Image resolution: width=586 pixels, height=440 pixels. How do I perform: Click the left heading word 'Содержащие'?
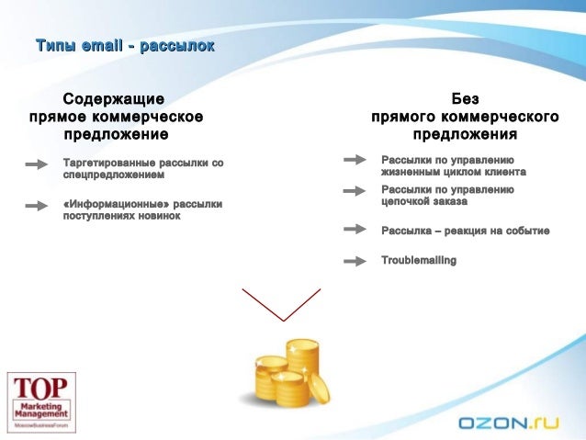tap(113, 97)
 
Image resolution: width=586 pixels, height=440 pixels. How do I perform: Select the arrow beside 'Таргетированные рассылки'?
tap(37, 165)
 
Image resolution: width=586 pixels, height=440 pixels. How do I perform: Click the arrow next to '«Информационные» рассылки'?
tap(37, 206)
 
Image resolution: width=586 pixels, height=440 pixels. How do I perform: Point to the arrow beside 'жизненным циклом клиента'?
tap(355, 160)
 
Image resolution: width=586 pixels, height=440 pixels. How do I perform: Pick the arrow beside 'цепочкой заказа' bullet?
tap(355, 192)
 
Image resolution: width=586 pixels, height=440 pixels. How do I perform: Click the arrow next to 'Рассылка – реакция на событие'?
tap(355, 229)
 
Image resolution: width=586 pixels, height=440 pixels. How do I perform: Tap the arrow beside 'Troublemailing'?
tap(355, 261)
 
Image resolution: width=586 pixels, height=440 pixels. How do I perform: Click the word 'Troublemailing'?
tap(419, 261)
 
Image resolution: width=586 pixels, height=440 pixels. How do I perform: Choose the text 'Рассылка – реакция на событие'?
tap(465, 231)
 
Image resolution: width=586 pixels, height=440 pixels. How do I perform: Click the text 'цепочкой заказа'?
tap(423, 200)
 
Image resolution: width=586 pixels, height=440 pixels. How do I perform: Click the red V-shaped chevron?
tap(281, 304)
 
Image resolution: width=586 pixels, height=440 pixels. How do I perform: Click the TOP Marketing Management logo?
tap(41, 401)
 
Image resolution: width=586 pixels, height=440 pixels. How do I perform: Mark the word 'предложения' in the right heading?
tap(464, 135)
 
